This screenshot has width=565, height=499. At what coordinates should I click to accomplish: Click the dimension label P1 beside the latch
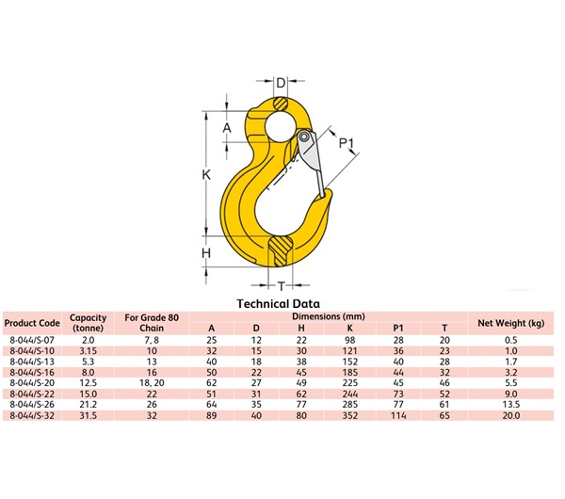[x=347, y=144]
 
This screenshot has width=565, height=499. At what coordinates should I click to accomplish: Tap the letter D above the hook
[x=280, y=84]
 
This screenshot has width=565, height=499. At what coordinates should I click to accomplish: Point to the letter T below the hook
[x=281, y=286]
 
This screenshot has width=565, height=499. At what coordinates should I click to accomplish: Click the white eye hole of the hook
[x=280, y=124]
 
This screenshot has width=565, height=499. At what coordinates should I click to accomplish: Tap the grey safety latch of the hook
[x=314, y=160]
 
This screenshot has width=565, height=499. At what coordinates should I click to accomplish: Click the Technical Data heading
[x=278, y=303]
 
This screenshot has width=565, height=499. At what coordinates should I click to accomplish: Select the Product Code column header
[x=33, y=323]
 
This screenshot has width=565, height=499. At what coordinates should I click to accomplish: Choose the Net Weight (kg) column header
[x=511, y=323]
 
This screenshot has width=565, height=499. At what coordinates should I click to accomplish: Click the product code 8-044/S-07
[x=33, y=339]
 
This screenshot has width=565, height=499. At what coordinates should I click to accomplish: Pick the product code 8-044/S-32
[x=33, y=415]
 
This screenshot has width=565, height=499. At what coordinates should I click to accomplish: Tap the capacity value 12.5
[x=88, y=382]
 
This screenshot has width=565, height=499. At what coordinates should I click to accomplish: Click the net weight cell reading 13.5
[x=511, y=404]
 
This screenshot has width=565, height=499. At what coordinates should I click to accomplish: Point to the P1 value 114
[x=398, y=415]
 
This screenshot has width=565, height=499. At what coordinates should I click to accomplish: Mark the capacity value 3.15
[x=88, y=350]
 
